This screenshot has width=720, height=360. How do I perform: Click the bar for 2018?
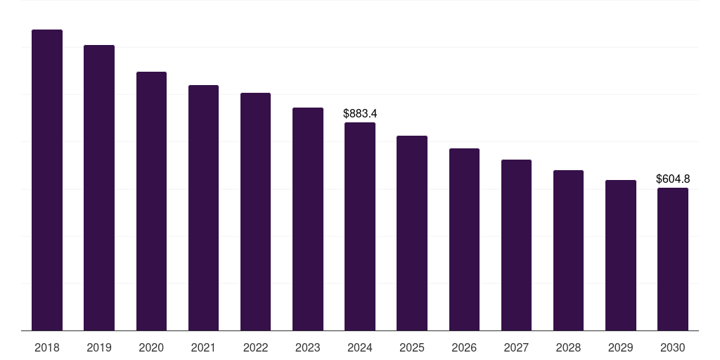click(47, 180)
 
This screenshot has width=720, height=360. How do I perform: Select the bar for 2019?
click(99, 188)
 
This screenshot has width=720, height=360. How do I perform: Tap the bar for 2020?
click(151, 201)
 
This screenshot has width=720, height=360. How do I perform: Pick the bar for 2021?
click(203, 208)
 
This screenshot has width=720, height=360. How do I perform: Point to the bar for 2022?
click(255, 212)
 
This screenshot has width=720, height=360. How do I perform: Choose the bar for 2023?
click(308, 219)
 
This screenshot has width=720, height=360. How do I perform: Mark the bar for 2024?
click(360, 226)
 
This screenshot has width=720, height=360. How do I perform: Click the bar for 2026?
click(464, 240)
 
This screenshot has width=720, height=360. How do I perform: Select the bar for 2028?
click(568, 250)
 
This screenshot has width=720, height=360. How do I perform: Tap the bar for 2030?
click(673, 259)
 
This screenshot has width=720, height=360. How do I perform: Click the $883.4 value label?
click(360, 113)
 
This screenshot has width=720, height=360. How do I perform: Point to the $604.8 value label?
click(673, 179)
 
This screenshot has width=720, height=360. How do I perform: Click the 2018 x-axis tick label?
click(47, 347)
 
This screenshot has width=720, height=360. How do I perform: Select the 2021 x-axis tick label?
click(203, 347)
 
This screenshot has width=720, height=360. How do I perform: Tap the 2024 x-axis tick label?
click(360, 347)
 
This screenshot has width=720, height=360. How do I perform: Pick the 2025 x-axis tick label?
click(412, 347)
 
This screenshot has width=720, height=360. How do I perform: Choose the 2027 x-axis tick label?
click(516, 347)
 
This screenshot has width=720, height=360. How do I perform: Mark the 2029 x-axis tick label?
click(621, 347)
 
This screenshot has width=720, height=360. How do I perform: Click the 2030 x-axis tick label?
click(673, 347)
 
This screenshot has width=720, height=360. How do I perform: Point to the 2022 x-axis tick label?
click(255, 347)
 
